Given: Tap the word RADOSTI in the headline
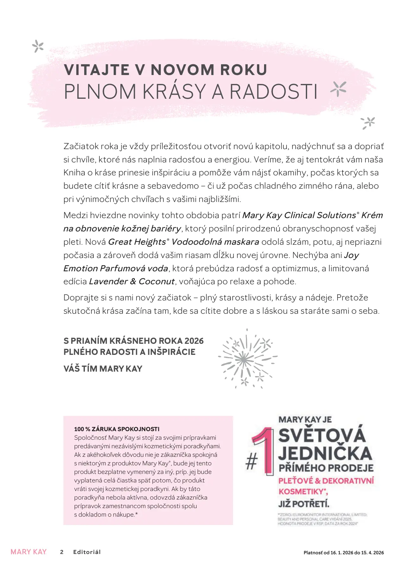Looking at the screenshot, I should [x=273, y=92].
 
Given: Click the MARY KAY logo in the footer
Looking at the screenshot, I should [x=28, y=552].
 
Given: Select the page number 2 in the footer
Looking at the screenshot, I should [x=62, y=552].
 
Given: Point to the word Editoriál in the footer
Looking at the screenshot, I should [x=87, y=552].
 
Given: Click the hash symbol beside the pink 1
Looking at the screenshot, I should [x=251, y=462].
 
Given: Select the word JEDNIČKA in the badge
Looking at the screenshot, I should [x=325, y=453].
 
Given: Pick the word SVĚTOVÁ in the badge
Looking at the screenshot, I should [x=322, y=435].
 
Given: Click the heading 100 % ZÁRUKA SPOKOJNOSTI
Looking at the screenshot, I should [x=117, y=429].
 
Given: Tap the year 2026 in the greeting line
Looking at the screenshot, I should [x=194, y=341].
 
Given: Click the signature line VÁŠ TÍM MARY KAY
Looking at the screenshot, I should [x=103, y=369].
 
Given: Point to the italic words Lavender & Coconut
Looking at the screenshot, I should [x=132, y=281].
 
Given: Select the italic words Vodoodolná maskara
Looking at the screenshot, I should [x=215, y=242].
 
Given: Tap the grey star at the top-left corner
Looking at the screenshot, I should [x=38, y=47].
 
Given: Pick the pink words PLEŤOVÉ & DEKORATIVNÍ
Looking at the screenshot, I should [x=326, y=481].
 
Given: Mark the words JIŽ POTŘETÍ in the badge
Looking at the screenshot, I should [x=304, y=504].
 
